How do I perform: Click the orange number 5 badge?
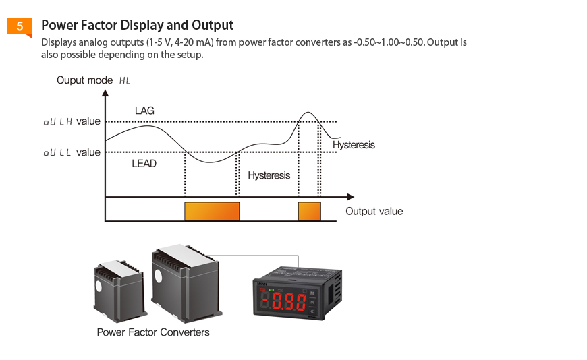pos(20,27)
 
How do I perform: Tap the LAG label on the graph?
pos(144,111)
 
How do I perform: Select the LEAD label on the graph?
pos(144,164)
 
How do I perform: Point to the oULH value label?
pos(72,121)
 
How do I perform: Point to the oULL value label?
pos(72,152)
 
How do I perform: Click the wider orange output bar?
pos(212,212)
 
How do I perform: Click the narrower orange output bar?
pos(310,212)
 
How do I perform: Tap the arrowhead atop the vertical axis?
pos(105,92)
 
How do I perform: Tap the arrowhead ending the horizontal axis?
pos(350,197)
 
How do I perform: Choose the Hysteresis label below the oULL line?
pos(269,175)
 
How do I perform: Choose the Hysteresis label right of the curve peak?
pos(354,145)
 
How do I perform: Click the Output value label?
pos(374,212)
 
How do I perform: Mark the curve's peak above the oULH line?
pos(308,113)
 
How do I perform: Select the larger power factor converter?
pos(186,283)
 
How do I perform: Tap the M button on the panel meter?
pos(312,293)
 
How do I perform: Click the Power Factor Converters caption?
pos(153,332)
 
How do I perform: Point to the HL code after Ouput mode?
pos(125,80)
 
